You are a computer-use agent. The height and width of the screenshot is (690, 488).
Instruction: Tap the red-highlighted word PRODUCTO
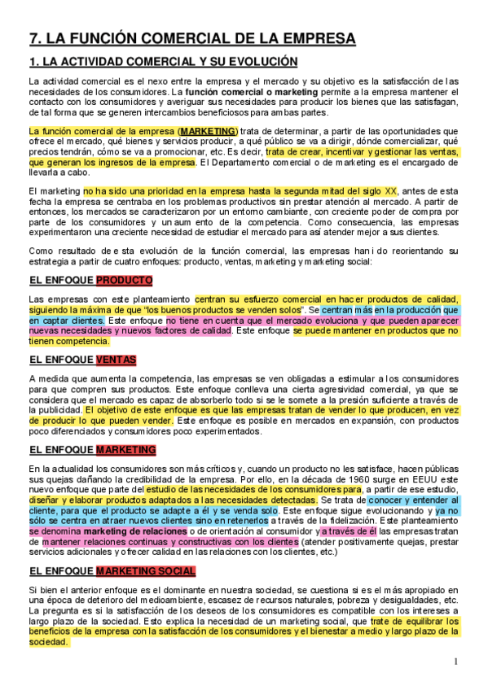[x=124, y=281]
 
